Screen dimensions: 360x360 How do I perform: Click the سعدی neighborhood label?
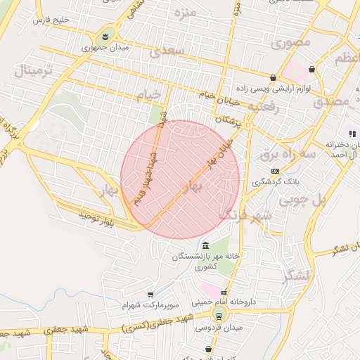172,51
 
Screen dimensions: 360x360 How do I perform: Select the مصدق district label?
333,101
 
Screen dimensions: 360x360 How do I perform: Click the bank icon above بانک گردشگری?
275,171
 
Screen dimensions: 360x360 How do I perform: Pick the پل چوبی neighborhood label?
304,200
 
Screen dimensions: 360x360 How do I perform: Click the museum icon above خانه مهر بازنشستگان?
205,245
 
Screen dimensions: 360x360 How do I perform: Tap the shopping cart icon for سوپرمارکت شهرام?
150,295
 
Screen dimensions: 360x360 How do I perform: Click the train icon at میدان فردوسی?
219,316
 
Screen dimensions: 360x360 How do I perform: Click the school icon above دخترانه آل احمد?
352,134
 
